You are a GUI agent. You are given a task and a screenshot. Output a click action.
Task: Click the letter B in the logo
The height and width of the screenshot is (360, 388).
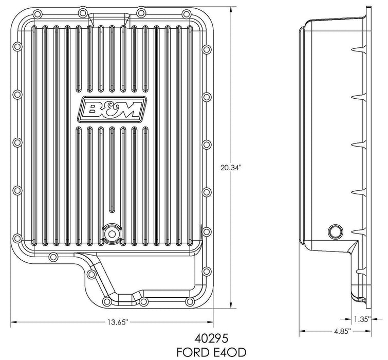tap(94, 109)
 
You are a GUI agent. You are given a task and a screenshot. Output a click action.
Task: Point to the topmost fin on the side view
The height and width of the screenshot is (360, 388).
tap(355, 49)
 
